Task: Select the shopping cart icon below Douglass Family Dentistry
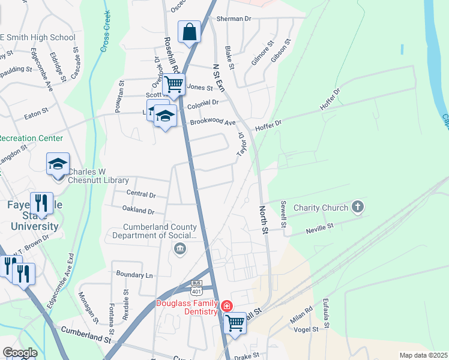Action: [235, 323]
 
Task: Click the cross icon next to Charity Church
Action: [358, 208]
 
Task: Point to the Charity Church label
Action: [321, 208]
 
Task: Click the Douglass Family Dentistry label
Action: [187, 307]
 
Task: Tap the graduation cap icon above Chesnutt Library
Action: [58, 164]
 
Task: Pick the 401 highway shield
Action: [196, 290]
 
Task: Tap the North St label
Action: [262, 218]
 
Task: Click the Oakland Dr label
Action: [138, 211]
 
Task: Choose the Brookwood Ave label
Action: [213, 122]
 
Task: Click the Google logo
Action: [20, 353]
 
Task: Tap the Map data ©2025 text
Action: [423, 355]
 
